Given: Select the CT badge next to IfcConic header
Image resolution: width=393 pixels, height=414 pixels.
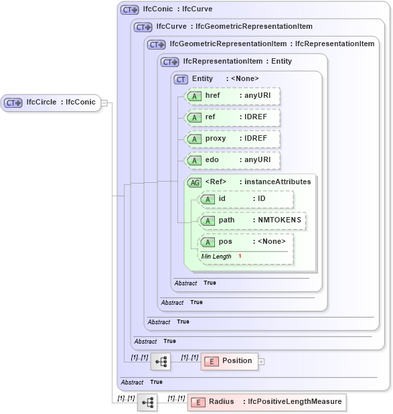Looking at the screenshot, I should tap(129, 10).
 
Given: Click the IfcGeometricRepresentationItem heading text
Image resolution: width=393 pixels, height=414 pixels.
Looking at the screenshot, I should tap(272, 44).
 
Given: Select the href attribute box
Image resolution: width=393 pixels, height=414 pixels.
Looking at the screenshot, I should tap(233, 96).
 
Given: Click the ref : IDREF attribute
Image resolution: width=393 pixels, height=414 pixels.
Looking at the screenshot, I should tap(233, 118).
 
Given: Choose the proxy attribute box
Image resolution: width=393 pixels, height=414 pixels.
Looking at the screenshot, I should tap(233, 139).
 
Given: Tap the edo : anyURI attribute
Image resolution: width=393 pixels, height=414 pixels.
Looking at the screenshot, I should tap(233, 161).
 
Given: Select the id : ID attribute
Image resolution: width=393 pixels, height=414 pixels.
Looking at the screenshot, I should tap(246, 200).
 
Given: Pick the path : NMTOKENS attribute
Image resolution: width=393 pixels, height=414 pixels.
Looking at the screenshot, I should tap(253, 221).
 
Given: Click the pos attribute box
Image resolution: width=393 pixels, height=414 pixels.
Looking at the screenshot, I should tap(246, 242).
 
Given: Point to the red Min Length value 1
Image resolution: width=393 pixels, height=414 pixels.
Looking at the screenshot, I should tap(240, 257).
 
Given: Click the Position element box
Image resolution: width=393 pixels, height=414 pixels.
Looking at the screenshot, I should tap(229, 361).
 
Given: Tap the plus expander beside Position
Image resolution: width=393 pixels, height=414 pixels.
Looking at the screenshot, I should tap(262, 362).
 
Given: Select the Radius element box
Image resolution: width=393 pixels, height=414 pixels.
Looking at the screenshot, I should tap(266, 402).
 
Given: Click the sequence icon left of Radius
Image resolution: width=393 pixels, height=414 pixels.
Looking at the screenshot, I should tap(147, 403).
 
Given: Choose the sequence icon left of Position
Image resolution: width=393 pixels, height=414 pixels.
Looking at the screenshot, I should tap(161, 362).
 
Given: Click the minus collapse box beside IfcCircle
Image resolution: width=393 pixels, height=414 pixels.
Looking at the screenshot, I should tap(104, 103).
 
